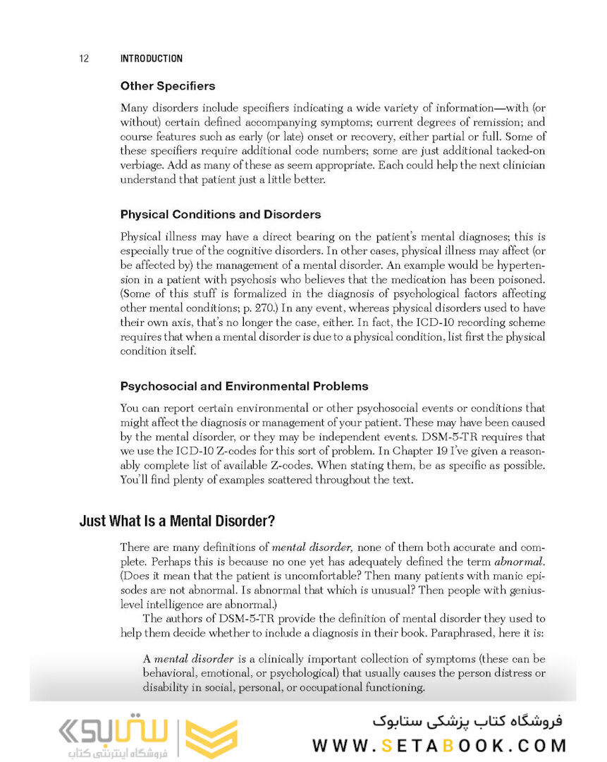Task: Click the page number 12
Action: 83,59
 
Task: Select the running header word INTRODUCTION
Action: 152,59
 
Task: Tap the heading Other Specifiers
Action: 168,86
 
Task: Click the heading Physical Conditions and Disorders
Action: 221,214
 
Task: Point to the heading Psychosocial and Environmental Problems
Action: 244,386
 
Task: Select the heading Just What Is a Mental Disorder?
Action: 177,521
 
